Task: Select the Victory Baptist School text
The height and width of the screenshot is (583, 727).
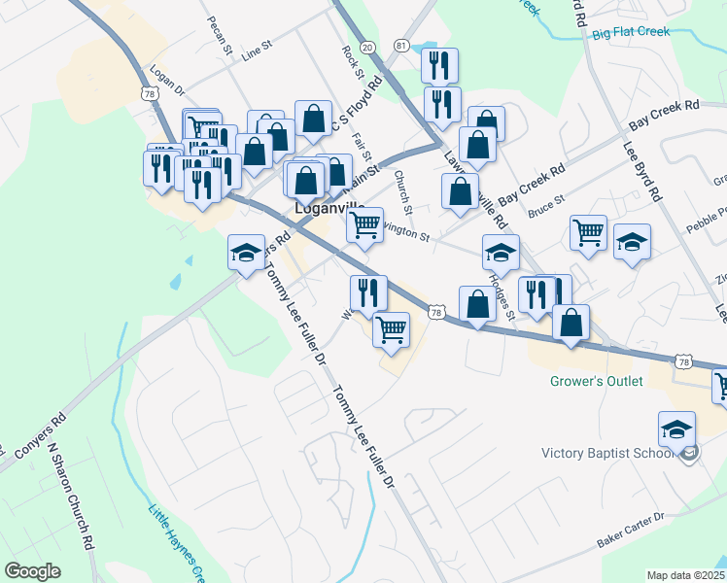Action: coord(607,453)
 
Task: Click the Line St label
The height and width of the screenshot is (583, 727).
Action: coord(259,48)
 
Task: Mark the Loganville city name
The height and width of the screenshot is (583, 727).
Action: coord(329,209)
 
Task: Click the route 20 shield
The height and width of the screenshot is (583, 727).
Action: coord(366,47)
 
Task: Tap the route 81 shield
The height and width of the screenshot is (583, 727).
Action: coord(401,47)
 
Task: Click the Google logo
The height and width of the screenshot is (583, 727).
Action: coord(33,571)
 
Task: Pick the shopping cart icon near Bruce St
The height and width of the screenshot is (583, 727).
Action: coord(588,232)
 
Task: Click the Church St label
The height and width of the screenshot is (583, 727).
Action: coord(404,193)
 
